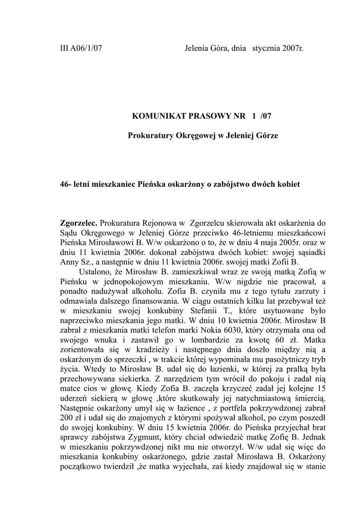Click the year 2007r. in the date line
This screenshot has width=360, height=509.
(292, 49)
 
